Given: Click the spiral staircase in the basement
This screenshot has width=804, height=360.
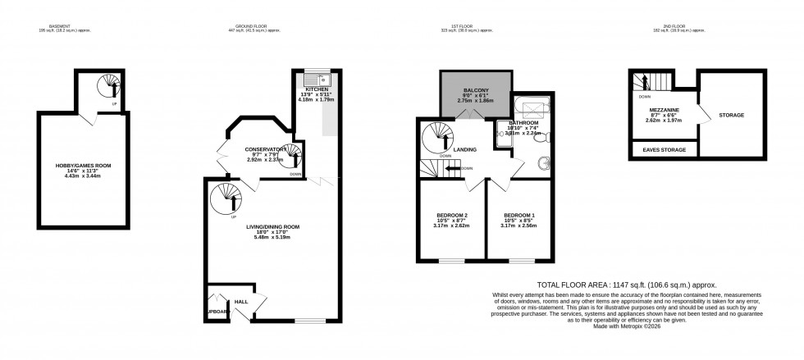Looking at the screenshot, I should point(107,85).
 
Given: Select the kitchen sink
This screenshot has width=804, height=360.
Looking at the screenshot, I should point(313,80).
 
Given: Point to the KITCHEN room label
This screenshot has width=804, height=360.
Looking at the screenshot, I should point(317,89).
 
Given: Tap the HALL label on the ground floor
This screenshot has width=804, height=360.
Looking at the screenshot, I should point(241,302).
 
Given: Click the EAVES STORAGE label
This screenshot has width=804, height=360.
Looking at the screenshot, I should point(663,150).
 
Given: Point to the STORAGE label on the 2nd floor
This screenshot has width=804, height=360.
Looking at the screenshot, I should point(731,115).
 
